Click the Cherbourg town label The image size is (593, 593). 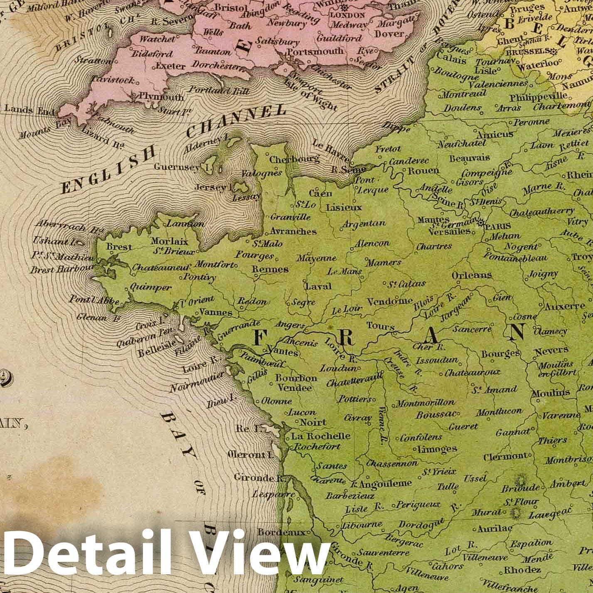pos(295,159)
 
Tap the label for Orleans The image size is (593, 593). pos(472,275)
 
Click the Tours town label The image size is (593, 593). pos(380,327)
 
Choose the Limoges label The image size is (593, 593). pos(431,449)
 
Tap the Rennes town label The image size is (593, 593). pos(270,269)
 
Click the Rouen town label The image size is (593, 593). pos(423,170)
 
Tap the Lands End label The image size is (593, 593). pos(30,111)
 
